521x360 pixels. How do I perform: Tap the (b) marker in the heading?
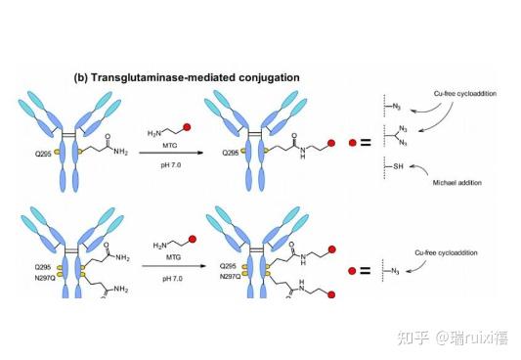tap(83, 76)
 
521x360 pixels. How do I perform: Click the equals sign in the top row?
tap(366, 143)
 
